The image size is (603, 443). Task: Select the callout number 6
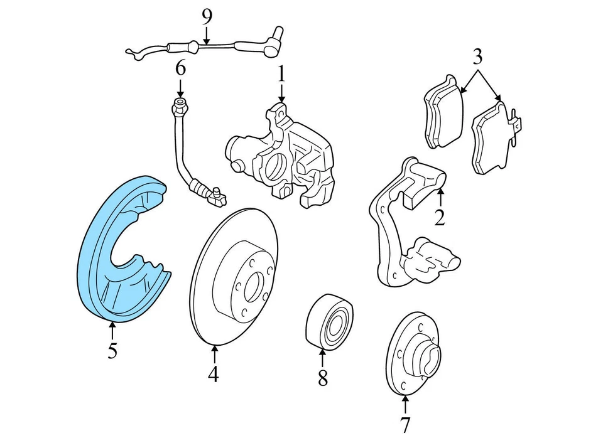(180, 68)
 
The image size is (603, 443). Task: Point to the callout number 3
(477, 57)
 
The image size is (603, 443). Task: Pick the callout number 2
(440, 217)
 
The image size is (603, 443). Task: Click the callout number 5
(112, 350)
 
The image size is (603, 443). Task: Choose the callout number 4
(214, 374)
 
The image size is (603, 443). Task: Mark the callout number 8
(322, 378)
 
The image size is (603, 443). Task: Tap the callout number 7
(405, 425)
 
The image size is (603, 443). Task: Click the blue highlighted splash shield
(100, 251)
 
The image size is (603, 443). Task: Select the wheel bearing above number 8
(329, 320)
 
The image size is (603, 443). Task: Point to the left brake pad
(443, 113)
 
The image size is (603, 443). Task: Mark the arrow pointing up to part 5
(112, 329)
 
